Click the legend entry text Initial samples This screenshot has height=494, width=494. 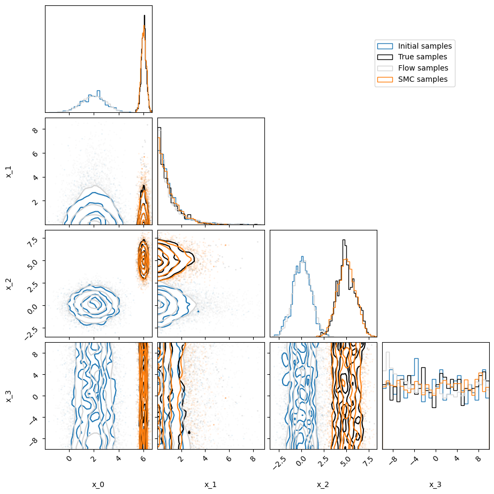click(424, 46)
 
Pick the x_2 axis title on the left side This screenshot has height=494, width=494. click(9, 283)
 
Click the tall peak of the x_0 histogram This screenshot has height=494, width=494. click(144, 16)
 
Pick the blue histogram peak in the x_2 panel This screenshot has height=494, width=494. click(302, 257)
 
